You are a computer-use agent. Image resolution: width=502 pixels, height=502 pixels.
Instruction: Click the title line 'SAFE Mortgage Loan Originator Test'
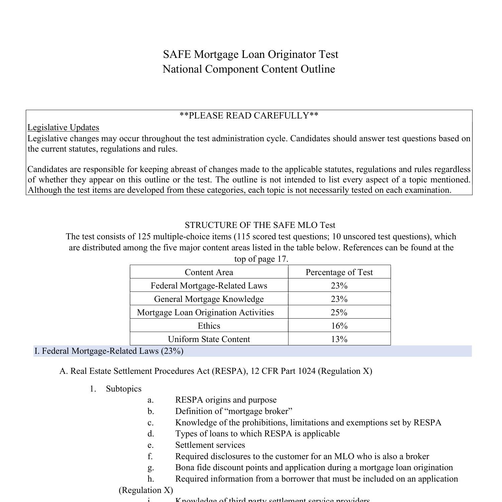coord(251,54)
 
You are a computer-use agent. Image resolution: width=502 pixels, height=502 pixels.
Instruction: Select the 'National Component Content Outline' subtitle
coord(249,69)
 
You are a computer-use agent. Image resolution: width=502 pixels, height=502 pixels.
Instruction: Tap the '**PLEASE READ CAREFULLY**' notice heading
coord(249,115)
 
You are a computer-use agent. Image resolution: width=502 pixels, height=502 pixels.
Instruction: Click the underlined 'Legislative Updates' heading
coord(63,128)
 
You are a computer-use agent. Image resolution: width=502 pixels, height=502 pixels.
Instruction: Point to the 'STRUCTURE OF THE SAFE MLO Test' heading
coord(260,225)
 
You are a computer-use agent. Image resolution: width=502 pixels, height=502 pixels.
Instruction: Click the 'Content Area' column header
coord(209,272)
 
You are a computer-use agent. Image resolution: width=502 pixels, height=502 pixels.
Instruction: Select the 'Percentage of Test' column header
coord(339,272)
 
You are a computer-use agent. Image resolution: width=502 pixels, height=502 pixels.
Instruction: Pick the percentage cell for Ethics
coord(339,326)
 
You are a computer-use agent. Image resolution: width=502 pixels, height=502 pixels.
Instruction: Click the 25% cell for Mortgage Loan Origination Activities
coord(339,312)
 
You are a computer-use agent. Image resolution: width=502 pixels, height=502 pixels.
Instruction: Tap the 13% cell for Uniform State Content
coord(339,339)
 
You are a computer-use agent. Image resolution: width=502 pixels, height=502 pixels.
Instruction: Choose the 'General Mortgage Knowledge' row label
coord(209,299)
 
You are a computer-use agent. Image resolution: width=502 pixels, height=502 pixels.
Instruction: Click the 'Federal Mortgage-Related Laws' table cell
coord(209,285)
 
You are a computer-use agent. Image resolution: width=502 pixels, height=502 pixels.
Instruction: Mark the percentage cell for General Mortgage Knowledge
coord(339,299)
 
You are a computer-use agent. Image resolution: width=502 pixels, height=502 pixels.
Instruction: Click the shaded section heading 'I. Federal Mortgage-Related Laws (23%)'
coord(109,351)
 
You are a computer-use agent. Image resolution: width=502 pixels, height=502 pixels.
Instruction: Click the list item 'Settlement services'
coord(210,445)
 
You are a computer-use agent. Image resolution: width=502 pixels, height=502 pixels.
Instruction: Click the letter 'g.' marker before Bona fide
coord(151,468)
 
